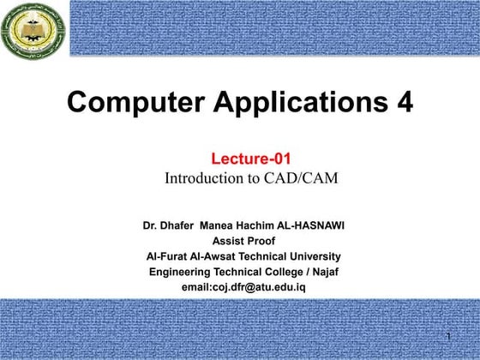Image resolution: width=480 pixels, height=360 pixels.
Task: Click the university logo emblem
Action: click(x=32, y=32)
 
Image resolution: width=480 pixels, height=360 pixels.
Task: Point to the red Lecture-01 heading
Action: click(x=245, y=159)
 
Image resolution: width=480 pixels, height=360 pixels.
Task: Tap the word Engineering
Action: click(x=180, y=271)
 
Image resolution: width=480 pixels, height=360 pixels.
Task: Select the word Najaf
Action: click(x=321, y=271)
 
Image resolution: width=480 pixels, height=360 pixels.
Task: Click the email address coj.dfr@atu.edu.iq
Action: click(x=256, y=285)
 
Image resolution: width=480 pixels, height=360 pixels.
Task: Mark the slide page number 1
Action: click(x=448, y=335)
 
